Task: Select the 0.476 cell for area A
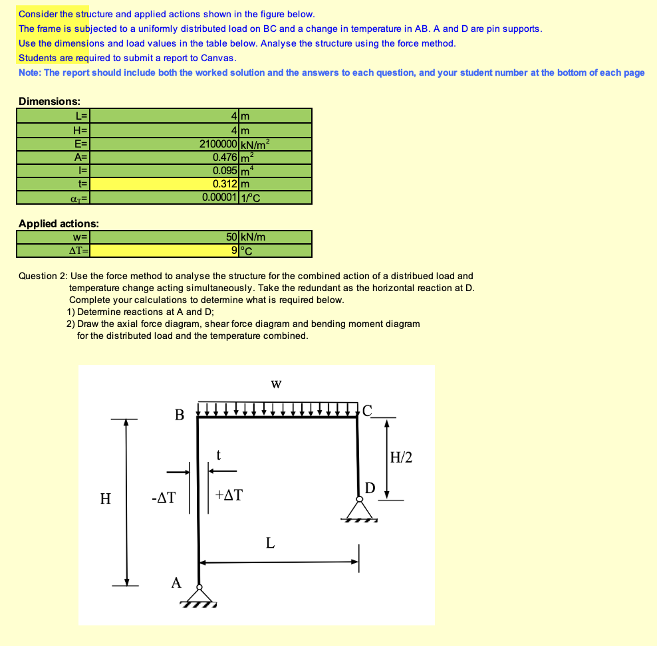(225, 157)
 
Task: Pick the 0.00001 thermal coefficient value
(219, 197)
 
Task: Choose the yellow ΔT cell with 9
(232, 251)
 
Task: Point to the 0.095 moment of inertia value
(225, 170)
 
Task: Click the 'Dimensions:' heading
(49, 102)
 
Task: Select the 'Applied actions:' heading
(59, 224)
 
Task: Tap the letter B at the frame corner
(179, 415)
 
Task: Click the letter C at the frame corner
(368, 409)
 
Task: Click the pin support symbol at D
(359, 510)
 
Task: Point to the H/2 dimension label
(401, 457)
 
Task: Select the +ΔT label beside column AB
(230, 495)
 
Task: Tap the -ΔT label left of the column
(163, 497)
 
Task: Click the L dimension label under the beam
(270, 543)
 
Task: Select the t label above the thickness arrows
(218, 455)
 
